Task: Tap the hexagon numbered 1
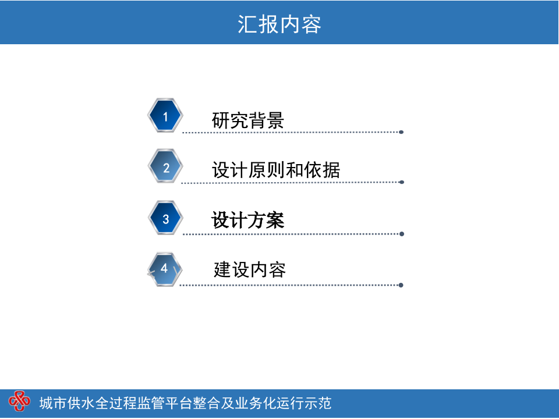tap(165, 116)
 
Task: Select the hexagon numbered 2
tap(165, 168)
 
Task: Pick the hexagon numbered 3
tap(165, 219)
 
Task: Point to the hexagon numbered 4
tap(165, 269)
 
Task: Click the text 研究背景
tap(248, 120)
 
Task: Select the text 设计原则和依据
tap(276, 170)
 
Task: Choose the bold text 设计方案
tap(248, 221)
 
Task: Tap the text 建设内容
tap(250, 270)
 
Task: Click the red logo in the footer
tap(19, 401)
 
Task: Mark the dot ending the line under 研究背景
tap(401, 132)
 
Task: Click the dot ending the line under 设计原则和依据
tap(402, 182)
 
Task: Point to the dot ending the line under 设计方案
tap(402, 234)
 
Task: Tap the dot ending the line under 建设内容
tap(401, 285)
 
